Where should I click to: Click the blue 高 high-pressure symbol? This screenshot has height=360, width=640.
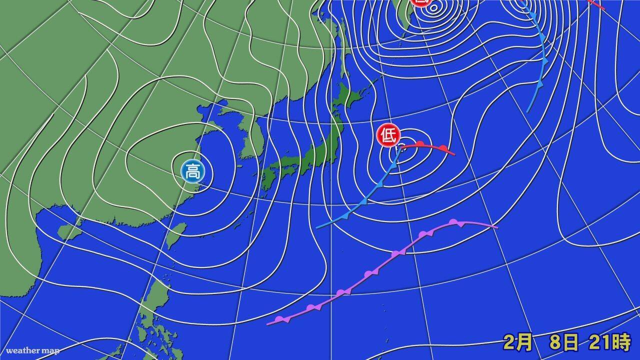192,171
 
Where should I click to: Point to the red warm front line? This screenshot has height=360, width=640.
430,146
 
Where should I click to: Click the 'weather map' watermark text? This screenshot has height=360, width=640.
32,350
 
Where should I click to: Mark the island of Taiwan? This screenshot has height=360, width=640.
176,235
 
